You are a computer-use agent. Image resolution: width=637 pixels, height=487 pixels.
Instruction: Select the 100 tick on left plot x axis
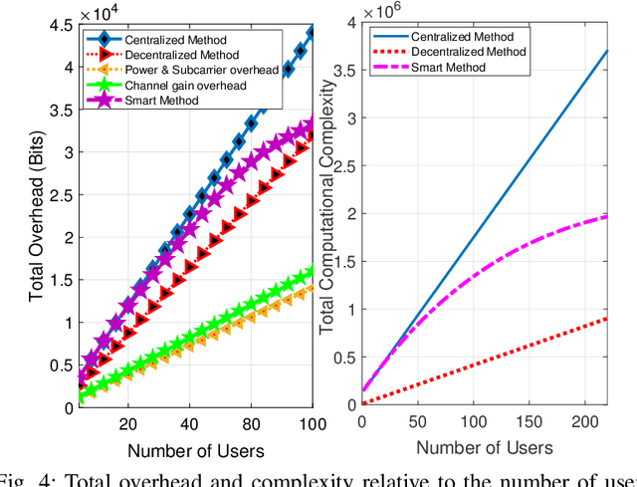click(x=313, y=420)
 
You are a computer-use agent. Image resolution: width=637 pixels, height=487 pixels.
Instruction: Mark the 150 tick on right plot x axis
click(x=522, y=420)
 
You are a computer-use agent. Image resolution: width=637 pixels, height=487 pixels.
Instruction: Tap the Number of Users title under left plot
click(x=196, y=450)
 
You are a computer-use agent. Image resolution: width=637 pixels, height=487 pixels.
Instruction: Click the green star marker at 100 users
click(x=313, y=269)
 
